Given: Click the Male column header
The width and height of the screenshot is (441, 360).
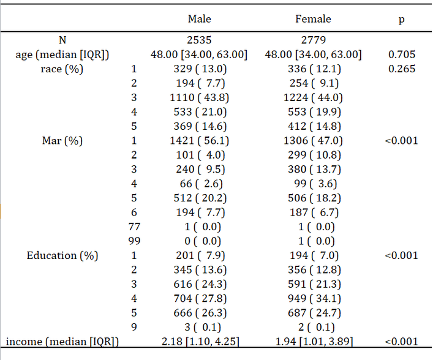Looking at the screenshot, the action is pos(200,19).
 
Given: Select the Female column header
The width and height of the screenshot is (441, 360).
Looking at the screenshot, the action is pos(313,19).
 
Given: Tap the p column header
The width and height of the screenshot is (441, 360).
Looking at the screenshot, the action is pos(402,20).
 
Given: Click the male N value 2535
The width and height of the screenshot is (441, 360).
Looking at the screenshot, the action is pos(199,40).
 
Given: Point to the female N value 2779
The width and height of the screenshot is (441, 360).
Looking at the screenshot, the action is pos(314,40).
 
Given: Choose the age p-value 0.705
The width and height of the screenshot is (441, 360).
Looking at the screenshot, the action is pos(402,54).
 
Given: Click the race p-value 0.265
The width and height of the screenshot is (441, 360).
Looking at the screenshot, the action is pos(402,69).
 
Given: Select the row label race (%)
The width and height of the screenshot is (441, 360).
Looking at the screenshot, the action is pos(62,69).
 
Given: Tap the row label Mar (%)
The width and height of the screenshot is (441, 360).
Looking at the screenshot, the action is pos(62,141).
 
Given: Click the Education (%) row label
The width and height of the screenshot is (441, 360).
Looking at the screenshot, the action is pos(62,255).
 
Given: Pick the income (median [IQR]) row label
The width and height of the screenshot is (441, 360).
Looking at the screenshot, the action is pos(62,342).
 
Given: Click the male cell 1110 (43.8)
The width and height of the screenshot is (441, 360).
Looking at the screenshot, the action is pos(200,97).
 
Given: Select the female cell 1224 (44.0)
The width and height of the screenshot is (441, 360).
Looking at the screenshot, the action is pos(313,97).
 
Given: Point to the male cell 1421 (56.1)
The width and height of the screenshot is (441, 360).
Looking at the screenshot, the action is pos(200,141).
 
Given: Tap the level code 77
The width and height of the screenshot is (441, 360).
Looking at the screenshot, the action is pos(134,227).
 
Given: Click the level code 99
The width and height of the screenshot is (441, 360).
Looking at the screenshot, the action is pos(134,241).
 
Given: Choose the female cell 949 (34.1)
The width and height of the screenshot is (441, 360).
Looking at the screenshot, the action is pos(314,298).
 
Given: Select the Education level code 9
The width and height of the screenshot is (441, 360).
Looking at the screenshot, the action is pos(134,327).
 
